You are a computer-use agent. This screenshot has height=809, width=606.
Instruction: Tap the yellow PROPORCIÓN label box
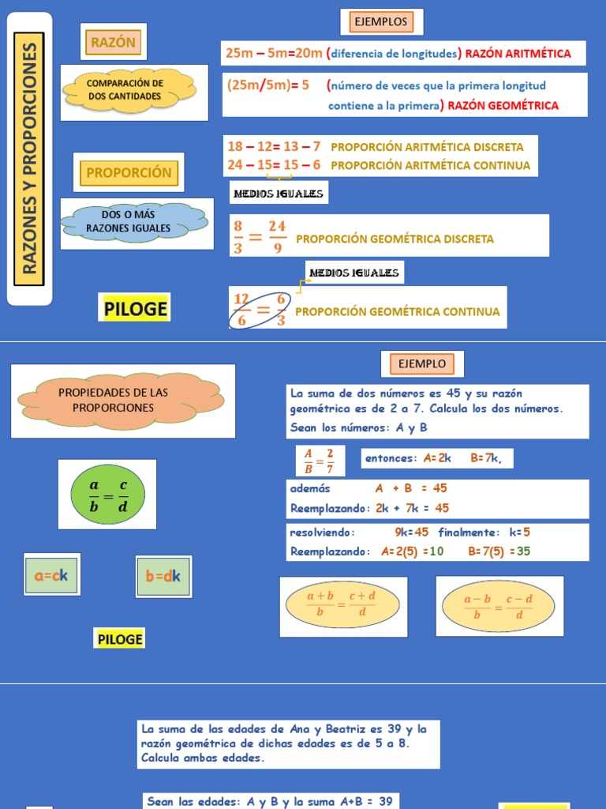click(129, 172)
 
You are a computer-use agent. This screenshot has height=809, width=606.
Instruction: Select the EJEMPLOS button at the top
click(381, 22)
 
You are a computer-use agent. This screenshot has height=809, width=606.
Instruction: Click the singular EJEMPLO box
click(422, 364)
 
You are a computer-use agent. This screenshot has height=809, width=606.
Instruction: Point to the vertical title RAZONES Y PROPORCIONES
click(30, 158)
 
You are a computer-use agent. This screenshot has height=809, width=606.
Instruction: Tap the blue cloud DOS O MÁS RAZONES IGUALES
click(129, 222)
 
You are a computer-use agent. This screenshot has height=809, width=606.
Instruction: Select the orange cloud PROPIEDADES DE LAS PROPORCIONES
click(120, 400)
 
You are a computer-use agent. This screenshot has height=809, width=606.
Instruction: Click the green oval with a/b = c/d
click(107, 495)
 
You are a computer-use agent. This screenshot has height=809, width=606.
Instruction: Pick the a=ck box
click(51, 576)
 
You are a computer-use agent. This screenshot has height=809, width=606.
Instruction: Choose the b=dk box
click(163, 577)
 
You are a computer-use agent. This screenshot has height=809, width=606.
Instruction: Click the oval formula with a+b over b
click(342, 605)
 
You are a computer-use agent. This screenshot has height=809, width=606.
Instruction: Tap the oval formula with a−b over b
click(499, 605)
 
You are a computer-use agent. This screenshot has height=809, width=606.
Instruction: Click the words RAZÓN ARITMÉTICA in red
click(518, 54)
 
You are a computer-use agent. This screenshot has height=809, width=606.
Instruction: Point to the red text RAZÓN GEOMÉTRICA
click(503, 105)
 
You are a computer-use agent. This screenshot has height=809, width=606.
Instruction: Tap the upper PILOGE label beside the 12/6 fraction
click(136, 309)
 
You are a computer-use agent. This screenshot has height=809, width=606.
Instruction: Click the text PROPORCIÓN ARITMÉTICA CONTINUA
click(430, 165)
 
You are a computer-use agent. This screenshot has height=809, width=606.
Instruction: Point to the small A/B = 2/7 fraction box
click(320, 460)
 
